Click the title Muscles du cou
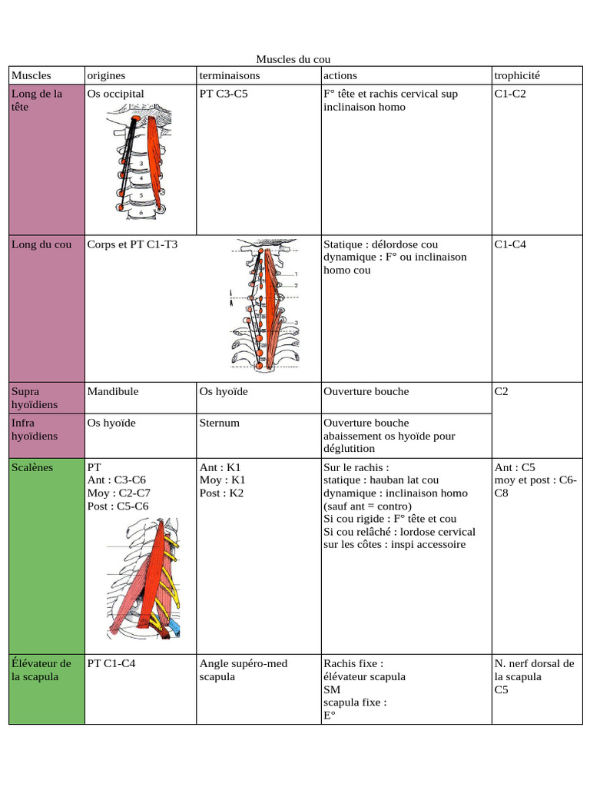(x=293, y=60)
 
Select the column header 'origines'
(x=106, y=75)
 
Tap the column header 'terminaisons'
(x=230, y=75)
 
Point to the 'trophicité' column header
(x=518, y=75)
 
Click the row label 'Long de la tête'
(x=36, y=101)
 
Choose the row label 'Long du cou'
(x=41, y=244)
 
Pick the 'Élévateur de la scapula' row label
(x=41, y=670)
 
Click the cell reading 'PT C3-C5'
(x=224, y=94)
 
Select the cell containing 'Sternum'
(x=220, y=423)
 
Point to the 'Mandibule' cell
(x=113, y=391)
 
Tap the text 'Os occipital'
(x=116, y=94)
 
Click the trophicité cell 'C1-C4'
(x=510, y=244)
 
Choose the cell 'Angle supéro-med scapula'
(x=244, y=670)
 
